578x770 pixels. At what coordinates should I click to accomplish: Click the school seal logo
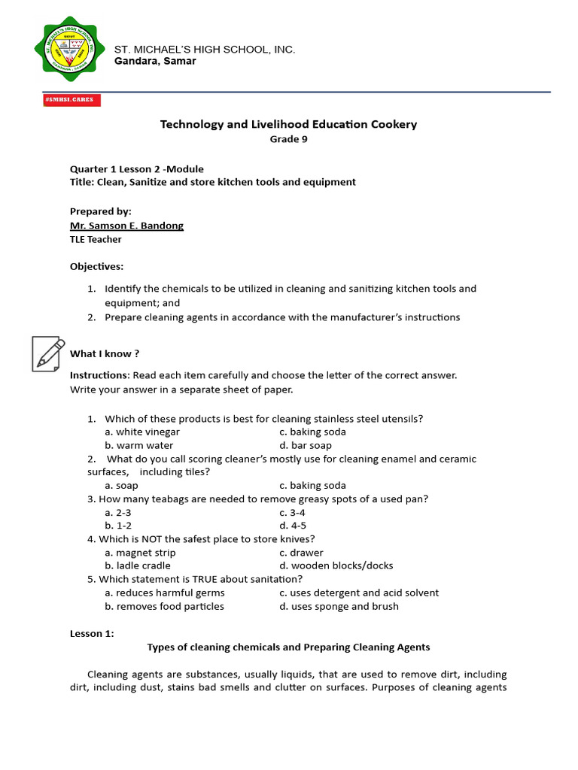coord(70,50)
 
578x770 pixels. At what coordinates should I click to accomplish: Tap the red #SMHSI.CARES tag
coord(72,100)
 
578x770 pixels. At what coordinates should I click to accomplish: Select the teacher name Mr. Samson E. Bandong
coord(126,226)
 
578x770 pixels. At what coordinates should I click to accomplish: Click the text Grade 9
coord(288,138)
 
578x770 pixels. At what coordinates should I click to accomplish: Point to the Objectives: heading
coord(97,266)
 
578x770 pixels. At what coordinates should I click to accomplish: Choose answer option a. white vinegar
coord(142,432)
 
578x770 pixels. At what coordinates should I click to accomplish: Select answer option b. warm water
coord(139,445)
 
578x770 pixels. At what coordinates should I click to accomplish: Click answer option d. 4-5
coord(293,526)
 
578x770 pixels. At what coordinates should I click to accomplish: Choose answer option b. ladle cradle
coord(138,565)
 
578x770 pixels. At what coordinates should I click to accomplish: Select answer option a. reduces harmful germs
coord(165,593)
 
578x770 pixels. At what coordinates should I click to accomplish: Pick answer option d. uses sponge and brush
coord(339,606)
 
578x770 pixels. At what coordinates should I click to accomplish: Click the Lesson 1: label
coord(92,634)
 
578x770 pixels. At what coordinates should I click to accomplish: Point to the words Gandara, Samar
coord(155,61)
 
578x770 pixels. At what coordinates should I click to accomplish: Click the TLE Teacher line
coord(96,239)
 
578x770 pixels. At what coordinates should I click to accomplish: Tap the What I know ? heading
coord(105,353)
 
